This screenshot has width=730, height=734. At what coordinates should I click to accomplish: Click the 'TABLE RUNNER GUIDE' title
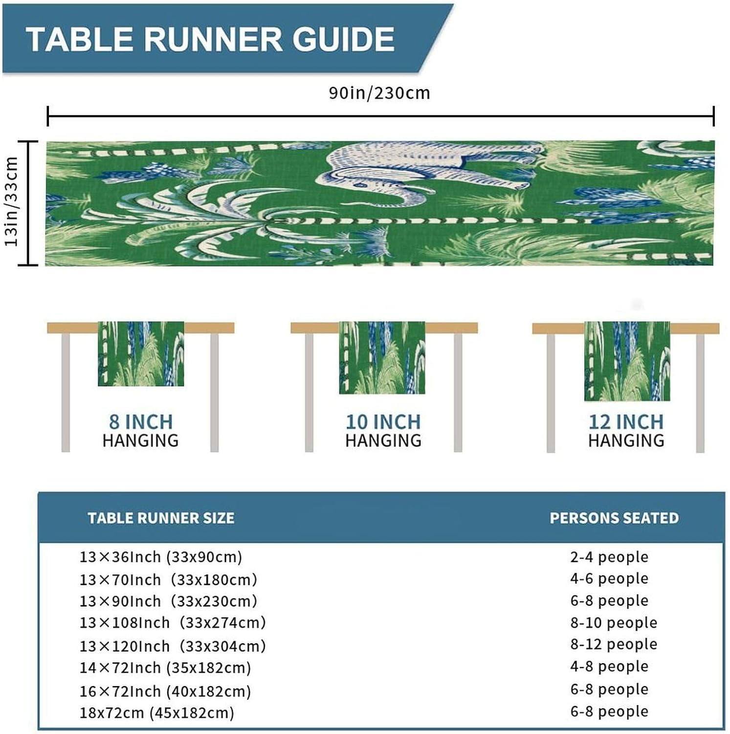(210, 39)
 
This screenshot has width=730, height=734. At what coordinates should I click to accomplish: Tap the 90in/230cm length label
(379, 93)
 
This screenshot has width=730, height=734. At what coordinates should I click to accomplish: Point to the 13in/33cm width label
(11, 202)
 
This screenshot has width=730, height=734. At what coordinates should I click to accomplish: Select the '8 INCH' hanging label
(141, 422)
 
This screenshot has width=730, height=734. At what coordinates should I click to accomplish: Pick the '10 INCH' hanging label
(383, 422)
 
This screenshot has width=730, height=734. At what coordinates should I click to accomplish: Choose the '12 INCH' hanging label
(626, 422)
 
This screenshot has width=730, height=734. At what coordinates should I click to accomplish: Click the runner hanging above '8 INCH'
(141, 353)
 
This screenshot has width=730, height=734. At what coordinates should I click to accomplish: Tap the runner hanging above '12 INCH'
(627, 361)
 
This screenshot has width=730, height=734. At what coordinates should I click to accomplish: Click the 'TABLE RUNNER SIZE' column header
(161, 518)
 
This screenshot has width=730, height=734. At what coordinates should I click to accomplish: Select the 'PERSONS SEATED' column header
(614, 518)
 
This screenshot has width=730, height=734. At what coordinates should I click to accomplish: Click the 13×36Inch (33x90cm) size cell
(161, 557)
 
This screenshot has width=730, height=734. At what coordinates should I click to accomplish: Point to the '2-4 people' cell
(609, 557)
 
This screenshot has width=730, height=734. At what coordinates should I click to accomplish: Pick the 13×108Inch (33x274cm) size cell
(173, 622)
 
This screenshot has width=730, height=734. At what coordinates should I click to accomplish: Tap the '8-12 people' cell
(614, 644)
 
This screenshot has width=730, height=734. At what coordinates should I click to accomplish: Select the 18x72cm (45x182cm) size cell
(157, 712)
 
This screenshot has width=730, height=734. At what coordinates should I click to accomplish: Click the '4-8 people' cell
(609, 666)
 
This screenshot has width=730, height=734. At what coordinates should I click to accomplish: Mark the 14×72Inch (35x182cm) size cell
(165, 667)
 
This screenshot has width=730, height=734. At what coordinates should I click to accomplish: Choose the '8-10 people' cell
(614, 622)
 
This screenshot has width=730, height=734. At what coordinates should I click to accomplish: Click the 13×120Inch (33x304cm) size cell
(173, 646)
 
